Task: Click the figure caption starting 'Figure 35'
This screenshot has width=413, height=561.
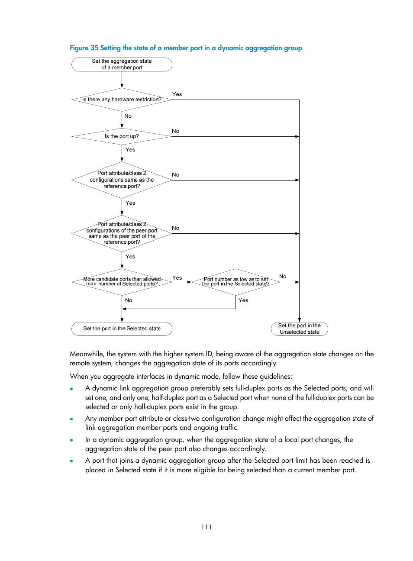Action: (x=186, y=48)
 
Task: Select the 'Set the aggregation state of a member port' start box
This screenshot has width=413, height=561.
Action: (x=122, y=64)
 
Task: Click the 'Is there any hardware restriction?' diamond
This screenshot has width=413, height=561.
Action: (x=122, y=100)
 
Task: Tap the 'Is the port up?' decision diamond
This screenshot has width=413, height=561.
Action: (x=122, y=136)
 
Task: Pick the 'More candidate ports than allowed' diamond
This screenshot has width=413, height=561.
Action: (x=122, y=282)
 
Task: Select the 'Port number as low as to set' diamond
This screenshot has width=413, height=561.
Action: (x=236, y=282)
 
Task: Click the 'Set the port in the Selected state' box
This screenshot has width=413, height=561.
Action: (x=122, y=329)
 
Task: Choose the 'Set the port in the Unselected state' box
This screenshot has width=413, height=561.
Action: (x=299, y=329)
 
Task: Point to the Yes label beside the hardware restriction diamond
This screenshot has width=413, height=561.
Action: (x=177, y=94)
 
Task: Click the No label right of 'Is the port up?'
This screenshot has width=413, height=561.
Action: (x=175, y=131)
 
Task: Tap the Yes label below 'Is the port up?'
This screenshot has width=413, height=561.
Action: (x=130, y=150)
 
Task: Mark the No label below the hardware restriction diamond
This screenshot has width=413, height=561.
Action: (x=128, y=116)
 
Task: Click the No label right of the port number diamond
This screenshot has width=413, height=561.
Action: (x=283, y=277)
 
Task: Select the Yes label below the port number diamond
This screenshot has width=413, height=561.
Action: (x=243, y=300)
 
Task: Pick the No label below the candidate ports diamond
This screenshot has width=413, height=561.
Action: (x=129, y=300)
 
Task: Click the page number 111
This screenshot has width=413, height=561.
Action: (x=206, y=527)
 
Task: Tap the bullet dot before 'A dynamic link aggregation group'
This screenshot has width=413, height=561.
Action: (x=71, y=389)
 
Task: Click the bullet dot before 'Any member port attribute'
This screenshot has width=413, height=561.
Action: (x=71, y=419)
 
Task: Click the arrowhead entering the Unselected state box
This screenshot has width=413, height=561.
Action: (x=299, y=320)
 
